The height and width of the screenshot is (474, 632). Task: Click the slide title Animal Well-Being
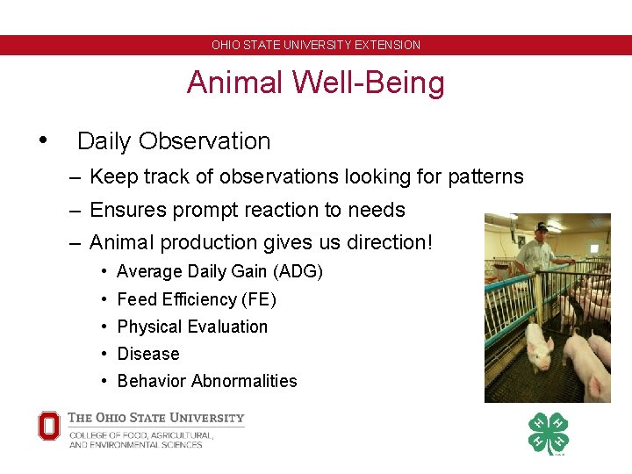315,83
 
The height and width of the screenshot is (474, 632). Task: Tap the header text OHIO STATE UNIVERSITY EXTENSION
315,45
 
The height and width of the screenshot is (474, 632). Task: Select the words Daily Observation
174,140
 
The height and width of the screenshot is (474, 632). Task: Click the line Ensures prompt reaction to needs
247,210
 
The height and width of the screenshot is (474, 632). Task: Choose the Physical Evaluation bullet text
192,327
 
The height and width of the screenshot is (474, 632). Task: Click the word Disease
147,354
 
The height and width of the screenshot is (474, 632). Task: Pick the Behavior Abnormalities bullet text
207,381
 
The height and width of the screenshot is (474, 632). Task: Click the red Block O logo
49,427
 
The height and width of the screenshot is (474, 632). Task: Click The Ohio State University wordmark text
156,419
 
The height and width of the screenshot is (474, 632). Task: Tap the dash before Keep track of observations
76,177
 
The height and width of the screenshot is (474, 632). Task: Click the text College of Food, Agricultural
140,434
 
